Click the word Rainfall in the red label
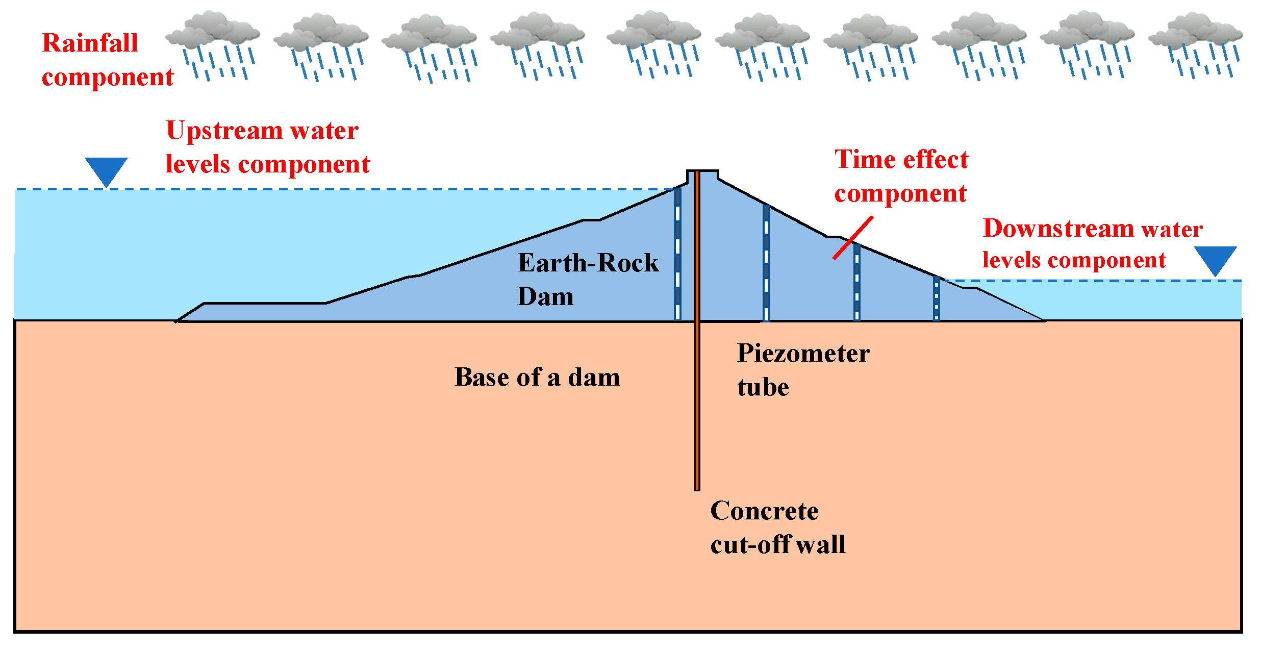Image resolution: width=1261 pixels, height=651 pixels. pos(90,43)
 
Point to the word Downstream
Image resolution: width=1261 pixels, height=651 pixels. pos(1058,229)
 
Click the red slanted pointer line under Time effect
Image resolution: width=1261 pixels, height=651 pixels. pos(853,238)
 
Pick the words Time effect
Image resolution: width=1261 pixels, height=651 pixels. pos(901,160)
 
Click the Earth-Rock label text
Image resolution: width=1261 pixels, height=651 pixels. pos(588,263)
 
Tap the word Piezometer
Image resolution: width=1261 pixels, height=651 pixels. pos(803,354)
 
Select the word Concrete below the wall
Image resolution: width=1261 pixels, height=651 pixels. pos(764,511)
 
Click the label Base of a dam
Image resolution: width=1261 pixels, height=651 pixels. pos(537,378)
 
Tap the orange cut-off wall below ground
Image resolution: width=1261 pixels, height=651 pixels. pos(697,408)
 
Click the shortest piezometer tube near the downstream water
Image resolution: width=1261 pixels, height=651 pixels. pos(937,299)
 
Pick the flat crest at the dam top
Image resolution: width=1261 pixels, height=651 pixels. pos(702,172)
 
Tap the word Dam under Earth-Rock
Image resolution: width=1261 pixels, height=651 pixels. pos(545,297)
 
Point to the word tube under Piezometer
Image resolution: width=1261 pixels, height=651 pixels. pos(763,388)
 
